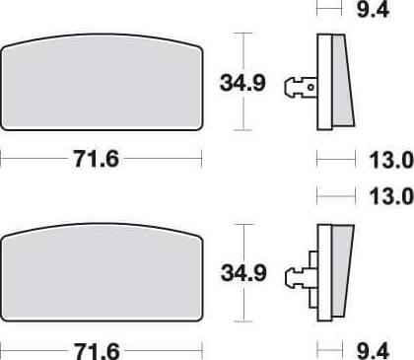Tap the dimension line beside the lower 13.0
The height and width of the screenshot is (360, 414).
334,195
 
